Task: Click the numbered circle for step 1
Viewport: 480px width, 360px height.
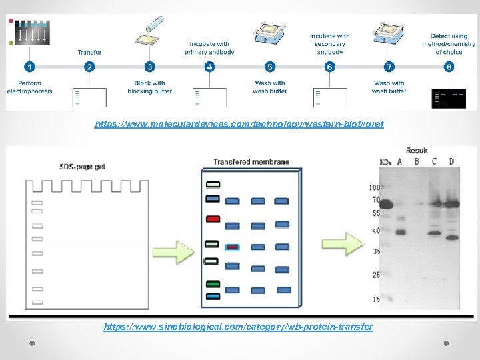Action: pos(29,67)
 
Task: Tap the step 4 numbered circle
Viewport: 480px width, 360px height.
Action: pos(209,67)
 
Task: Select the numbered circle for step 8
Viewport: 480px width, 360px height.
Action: pos(449,67)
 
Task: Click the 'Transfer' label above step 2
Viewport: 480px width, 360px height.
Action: pos(89,52)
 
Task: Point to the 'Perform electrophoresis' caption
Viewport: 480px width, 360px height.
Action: pos(29,87)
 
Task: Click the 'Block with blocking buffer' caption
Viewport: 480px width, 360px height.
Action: pos(149,87)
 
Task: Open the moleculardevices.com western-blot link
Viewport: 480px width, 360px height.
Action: pos(239,124)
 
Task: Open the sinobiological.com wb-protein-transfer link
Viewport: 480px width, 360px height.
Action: pos(238,327)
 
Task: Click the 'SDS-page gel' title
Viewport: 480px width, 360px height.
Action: pos(82,166)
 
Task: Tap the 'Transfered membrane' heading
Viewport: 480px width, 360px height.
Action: pos(251,162)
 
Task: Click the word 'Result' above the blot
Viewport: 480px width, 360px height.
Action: pos(417,151)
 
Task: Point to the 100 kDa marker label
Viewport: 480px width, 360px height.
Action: pos(375,188)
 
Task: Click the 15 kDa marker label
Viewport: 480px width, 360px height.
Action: pos(376,299)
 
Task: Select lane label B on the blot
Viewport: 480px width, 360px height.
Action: pos(417,162)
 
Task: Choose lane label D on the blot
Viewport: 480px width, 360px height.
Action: pos(451,162)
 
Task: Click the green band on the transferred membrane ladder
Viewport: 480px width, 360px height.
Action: pos(213,285)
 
